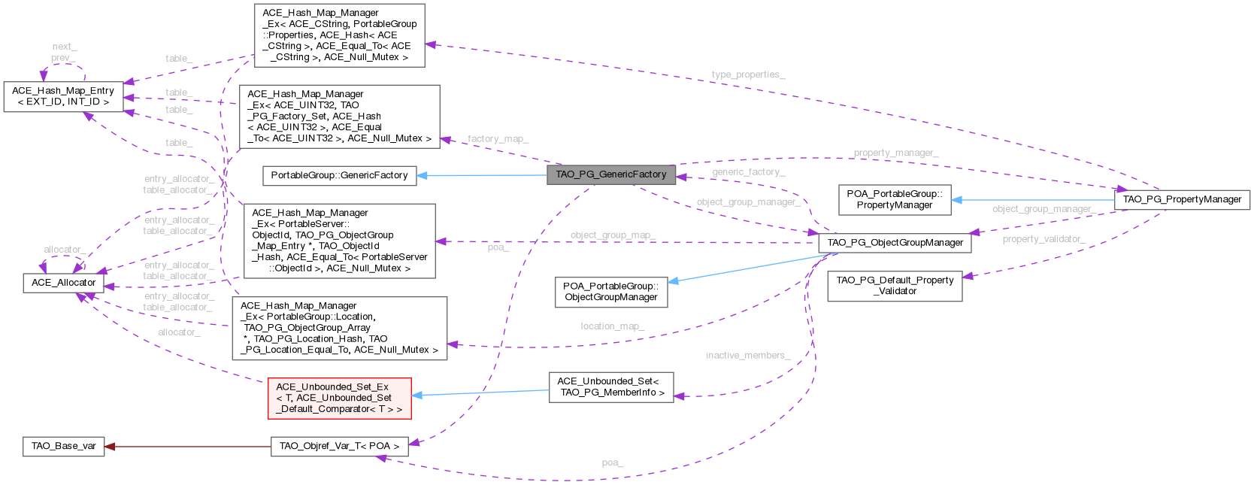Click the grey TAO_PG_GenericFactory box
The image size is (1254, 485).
(x=610, y=174)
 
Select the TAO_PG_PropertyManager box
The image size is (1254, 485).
(x=1182, y=199)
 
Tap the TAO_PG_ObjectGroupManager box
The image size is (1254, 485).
(x=895, y=243)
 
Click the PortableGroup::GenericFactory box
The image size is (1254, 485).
(x=339, y=175)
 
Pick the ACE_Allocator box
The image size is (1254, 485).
(x=63, y=283)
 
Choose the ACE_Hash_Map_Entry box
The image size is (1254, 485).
(x=63, y=96)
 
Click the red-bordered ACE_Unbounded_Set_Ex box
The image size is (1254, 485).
(x=339, y=398)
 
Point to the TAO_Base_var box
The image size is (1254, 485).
(x=63, y=446)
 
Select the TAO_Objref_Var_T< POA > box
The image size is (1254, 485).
(x=339, y=446)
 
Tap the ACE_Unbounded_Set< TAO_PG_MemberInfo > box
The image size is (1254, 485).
(x=610, y=386)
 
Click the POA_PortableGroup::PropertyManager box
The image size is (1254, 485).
(x=894, y=199)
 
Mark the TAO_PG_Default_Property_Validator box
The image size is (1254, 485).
(x=894, y=286)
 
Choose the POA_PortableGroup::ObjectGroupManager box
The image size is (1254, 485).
(x=610, y=292)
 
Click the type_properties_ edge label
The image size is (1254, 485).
(x=748, y=75)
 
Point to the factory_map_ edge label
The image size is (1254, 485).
(x=498, y=139)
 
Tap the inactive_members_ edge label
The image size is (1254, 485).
(x=748, y=355)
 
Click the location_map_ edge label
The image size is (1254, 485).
(x=612, y=326)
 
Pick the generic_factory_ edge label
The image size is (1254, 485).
(x=748, y=172)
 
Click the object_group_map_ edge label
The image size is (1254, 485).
(x=613, y=235)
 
